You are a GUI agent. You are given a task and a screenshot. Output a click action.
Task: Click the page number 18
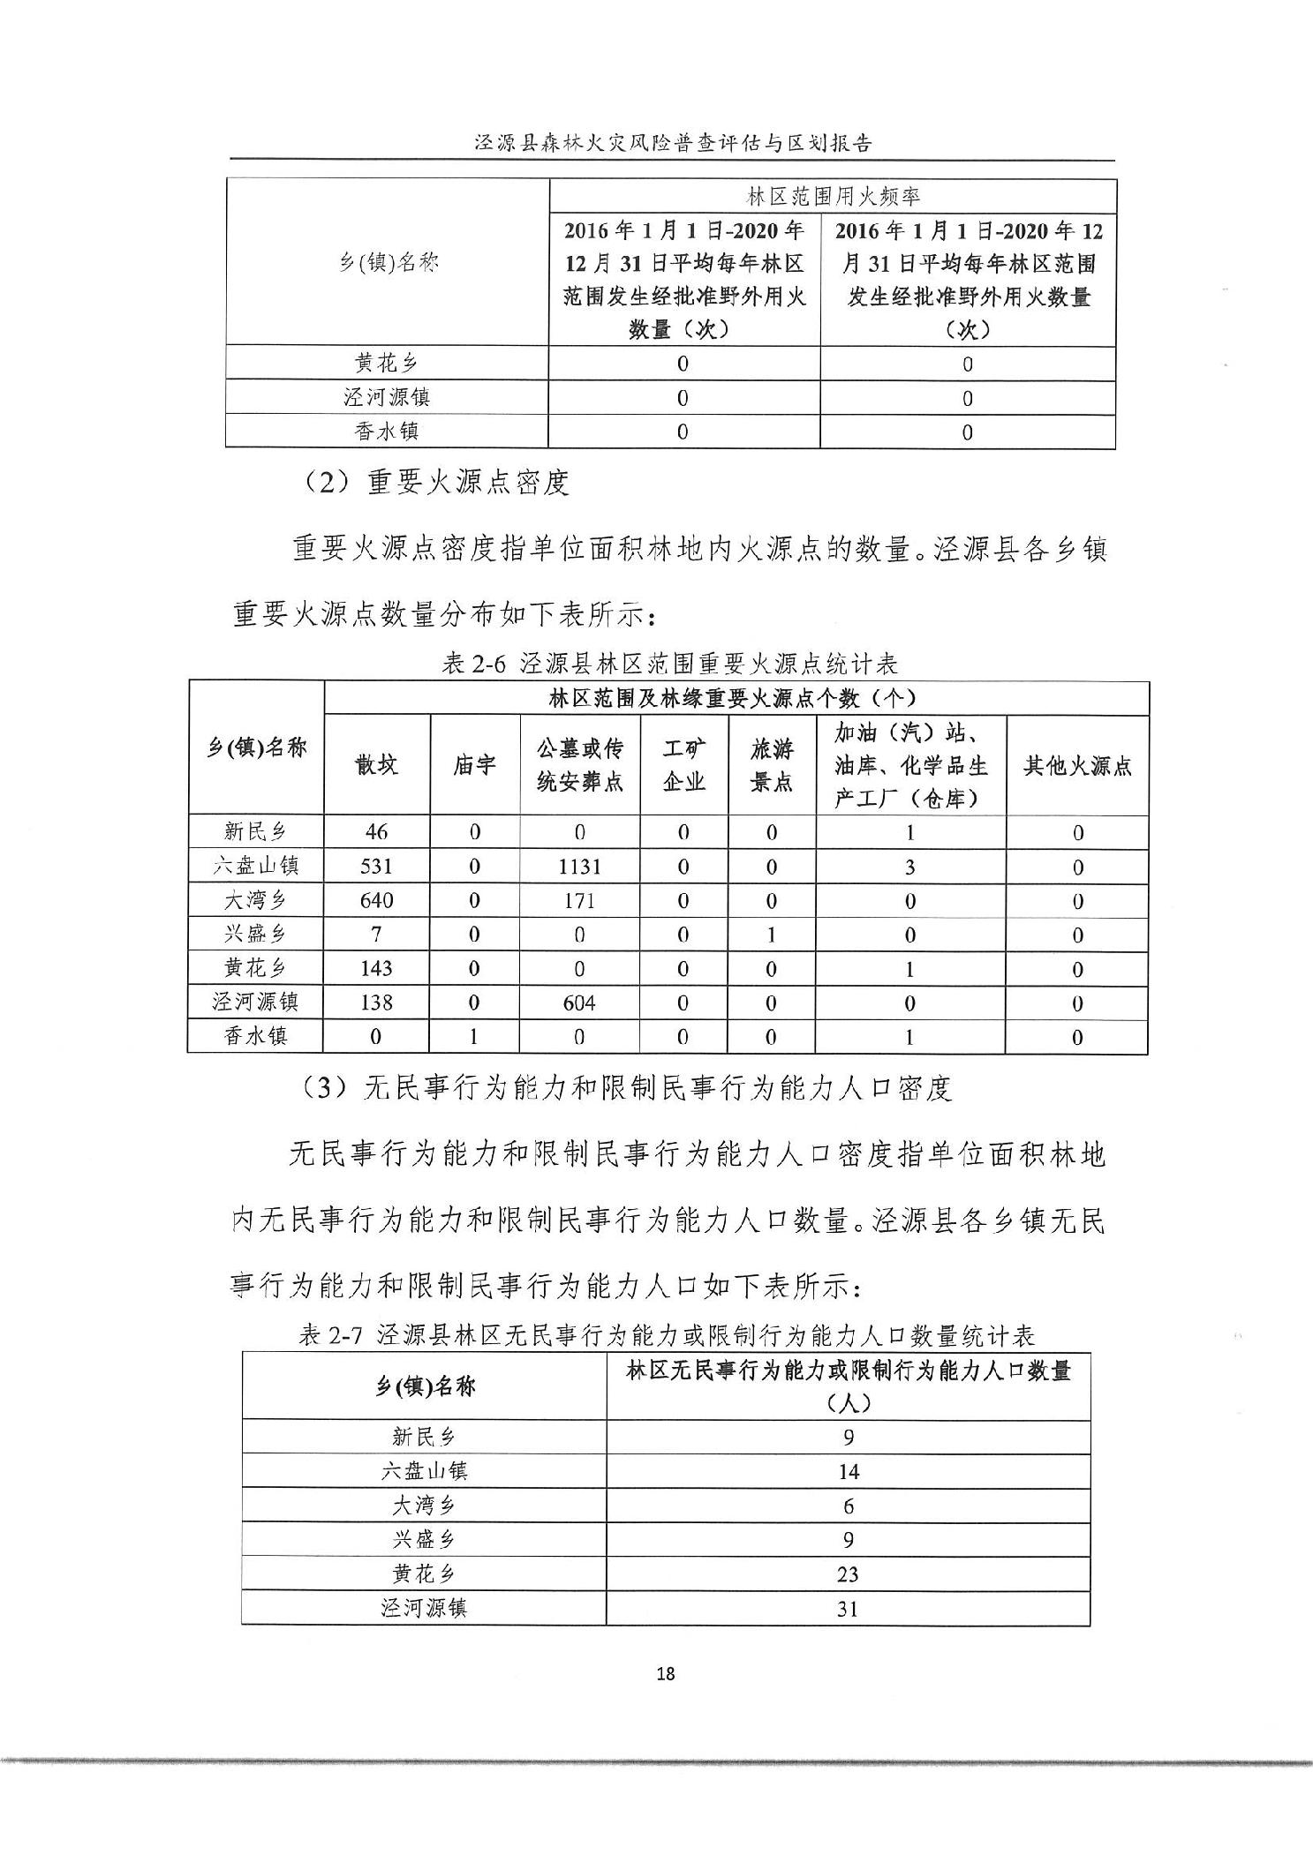point(666,1673)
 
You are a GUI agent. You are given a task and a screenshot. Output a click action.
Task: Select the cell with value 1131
point(579,867)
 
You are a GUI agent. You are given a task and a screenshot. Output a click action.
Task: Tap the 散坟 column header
point(377,764)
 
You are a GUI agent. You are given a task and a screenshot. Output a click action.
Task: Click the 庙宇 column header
point(474,764)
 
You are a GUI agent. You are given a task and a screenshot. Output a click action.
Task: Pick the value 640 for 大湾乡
point(376,900)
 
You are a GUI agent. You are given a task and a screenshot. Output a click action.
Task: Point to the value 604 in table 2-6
point(579,1003)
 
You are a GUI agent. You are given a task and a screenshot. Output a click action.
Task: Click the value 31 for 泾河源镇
point(848,1608)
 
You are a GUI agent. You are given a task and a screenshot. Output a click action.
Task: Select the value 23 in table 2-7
point(848,1573)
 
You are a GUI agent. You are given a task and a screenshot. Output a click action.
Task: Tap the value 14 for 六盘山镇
point(848,1471)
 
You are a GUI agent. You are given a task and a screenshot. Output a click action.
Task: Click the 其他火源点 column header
point(1077,765)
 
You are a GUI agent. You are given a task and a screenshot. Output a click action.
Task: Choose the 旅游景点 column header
point(771,765)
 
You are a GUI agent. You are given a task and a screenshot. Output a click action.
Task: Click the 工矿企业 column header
point(683,765)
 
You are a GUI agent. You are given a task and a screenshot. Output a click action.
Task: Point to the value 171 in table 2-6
point(579,900)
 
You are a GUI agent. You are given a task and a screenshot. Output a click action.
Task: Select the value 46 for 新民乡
point(376,832)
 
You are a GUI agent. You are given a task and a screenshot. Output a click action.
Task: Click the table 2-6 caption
point(668,664)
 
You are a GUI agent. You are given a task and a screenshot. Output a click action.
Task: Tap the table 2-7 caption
point(667,1335)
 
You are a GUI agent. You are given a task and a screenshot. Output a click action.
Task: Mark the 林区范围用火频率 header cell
point(834,196)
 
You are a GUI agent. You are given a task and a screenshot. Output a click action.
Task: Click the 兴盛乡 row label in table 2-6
point(255,934)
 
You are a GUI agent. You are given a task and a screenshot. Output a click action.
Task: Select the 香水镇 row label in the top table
point(387,432)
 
